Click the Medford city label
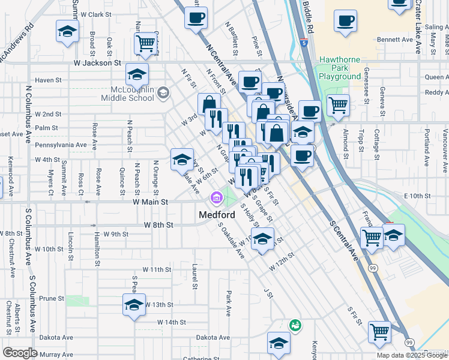pos(217,215)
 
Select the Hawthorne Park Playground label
pos(340,68)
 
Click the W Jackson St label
pos(97,62)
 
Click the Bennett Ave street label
pos(395,40)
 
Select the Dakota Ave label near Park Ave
pos(213,338)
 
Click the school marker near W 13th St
pos(134,304)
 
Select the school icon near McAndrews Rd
pos(67,31)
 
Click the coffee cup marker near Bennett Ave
pos(345,20)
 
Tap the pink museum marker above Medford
pos(215,197)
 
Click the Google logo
pos(20,353)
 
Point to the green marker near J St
pos(295,325)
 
